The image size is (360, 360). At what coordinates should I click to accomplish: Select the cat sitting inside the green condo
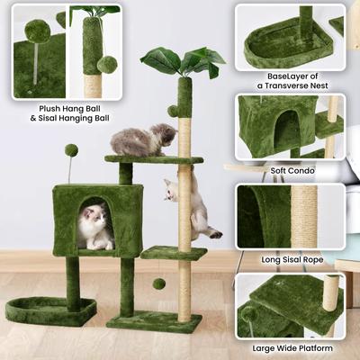click(95, 226)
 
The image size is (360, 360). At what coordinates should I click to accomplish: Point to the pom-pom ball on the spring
click(70, 150)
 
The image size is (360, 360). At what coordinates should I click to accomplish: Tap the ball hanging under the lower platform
click(158, 283)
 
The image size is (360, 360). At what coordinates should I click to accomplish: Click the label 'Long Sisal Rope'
click(292, 259)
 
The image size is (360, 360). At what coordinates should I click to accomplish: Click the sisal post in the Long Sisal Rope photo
click(304, 216)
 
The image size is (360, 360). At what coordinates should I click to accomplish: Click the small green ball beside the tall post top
click(172, 111)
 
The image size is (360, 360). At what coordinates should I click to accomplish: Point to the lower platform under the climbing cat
click(174, 253)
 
